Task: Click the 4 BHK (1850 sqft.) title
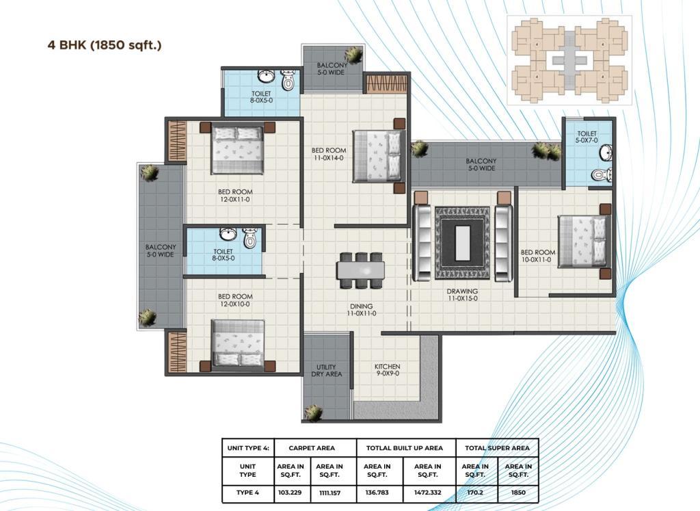(105, 45)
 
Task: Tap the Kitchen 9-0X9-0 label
(387, 370)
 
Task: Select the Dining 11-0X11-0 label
(361, 310)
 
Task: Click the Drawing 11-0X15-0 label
(462, 295)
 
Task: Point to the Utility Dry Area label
(326, 371)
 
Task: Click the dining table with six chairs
(360, 271)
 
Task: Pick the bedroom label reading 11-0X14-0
(328, 154)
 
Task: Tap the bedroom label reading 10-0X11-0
(538, 256)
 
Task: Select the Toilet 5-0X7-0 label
(587, 137)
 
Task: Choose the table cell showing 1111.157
(329, 493)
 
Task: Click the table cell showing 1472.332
(428, 493)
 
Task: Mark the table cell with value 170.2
(475, 493)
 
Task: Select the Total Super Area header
(497, 447)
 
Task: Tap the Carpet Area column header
(312, 447)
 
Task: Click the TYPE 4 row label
(247, 493)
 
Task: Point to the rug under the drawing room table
(462, 244)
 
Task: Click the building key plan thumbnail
(569, 60)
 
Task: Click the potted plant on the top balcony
(353, 55)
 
